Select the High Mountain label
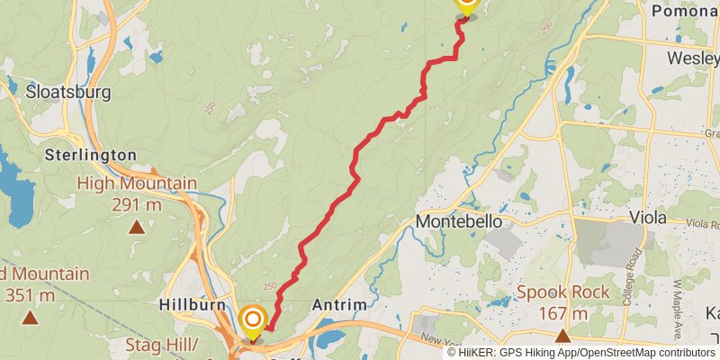pyautogui.click(x=137, y=184)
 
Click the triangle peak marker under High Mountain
pyautogui.click(x=136, y=228)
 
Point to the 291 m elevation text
pyautogui.click(x=136, y=204)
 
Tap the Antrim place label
pyautogui.click(x=339, y=305)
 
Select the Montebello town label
pyautogui.click(x=458, y=221)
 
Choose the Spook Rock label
pyautogui.click(x=563, y=293)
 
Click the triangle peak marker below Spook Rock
pyautogui.click(x=563, y=337)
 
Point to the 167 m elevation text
pyautogui.click(x=563, y=314)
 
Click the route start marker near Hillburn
pyautogui.click(x=253, y=319)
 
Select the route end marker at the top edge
pyautogui.click(x=465, y=4)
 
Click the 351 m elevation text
pyautogui.click(x=30, y=294)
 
